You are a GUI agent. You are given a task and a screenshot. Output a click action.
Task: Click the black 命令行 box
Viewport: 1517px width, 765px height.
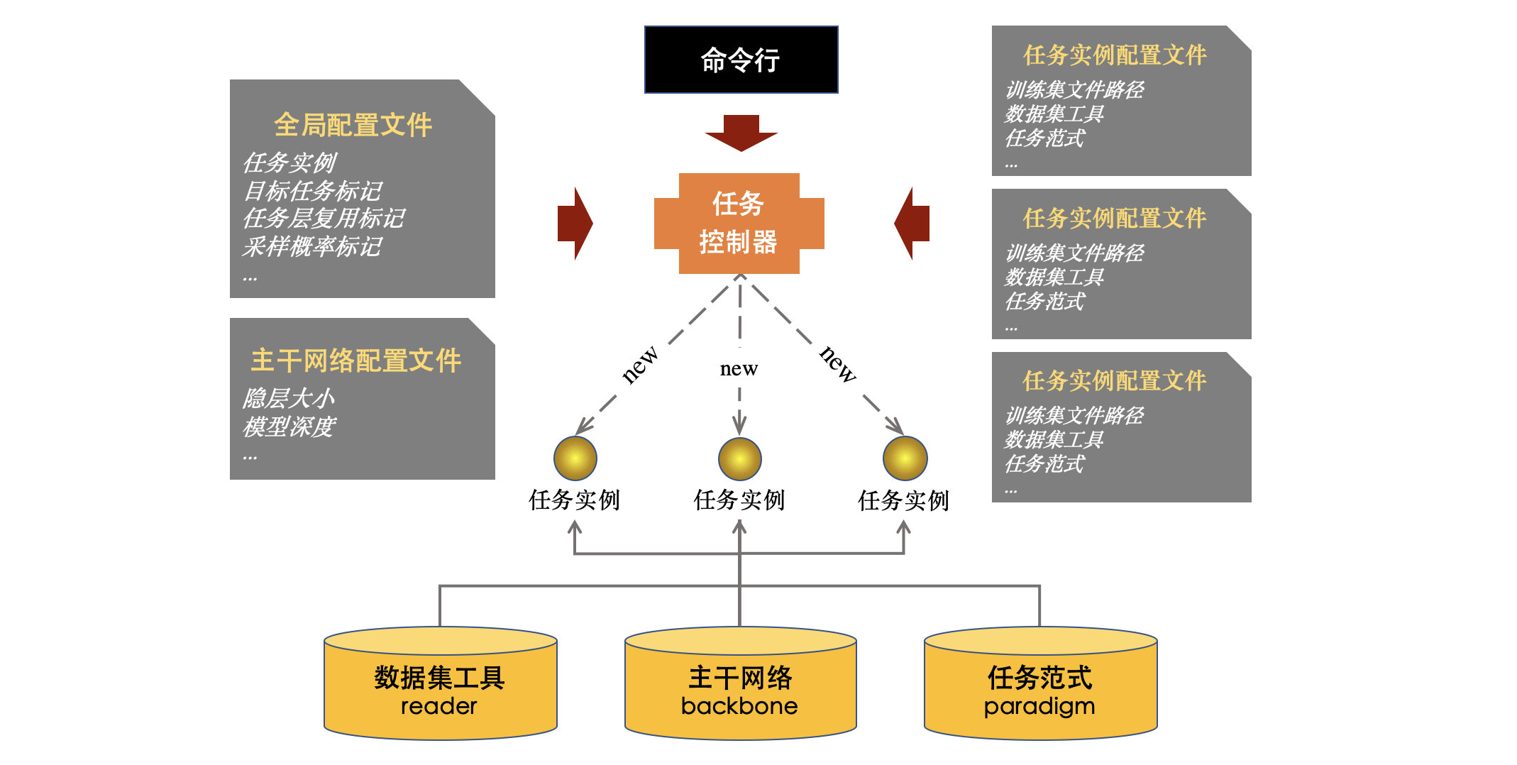point(741,60)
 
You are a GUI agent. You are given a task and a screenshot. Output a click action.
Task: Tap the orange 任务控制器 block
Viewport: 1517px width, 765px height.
point(739,224)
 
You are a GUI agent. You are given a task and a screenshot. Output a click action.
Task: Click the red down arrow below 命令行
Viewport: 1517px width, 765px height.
point(741,133)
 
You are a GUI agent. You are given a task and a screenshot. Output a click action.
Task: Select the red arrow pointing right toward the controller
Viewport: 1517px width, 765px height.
point(575,224)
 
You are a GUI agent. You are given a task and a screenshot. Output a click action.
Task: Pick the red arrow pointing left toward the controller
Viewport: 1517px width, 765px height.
point(912,224)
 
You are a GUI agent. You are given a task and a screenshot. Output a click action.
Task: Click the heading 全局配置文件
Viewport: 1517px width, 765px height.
point(353,125)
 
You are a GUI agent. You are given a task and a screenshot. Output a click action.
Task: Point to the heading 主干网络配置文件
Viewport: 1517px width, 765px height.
point(356,361)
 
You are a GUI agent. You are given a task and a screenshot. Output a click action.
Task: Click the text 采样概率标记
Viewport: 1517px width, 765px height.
point(312,246)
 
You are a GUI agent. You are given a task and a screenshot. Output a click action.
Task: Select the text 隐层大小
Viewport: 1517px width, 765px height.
point(288,398)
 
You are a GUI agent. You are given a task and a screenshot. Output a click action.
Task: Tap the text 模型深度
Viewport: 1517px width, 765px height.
point(288,426)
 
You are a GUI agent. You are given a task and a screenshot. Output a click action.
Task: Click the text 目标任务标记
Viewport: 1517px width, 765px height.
point(312,190)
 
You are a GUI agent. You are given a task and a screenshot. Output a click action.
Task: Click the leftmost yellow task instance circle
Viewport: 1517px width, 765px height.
point(575,458)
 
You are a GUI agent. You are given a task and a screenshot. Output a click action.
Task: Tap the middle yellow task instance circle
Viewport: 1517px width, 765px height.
point(739,458)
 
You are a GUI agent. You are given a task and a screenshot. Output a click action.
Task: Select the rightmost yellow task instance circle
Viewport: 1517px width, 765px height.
point(905,458)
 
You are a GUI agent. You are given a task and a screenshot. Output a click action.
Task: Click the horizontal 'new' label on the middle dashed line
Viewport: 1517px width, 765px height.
point(739,368)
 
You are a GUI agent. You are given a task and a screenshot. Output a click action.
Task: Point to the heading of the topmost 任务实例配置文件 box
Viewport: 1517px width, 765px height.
point(1115,55)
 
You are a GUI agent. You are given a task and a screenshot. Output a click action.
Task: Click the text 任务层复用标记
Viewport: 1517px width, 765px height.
point(324,218)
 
